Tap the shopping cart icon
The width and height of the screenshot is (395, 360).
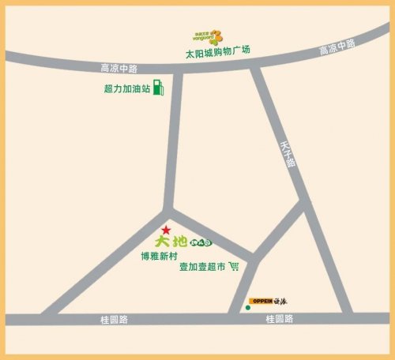[x=233, y=268]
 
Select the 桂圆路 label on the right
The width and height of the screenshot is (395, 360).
[x=279, y=320]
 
